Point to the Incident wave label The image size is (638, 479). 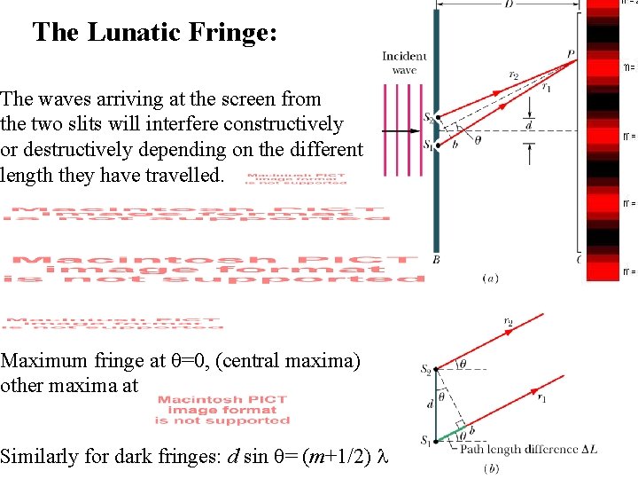pyautogui.click(x=404, y=63)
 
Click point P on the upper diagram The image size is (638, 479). pyautogui.click(x=572, y=55)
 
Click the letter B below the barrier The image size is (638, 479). pyautogui.click(x=436, y=260)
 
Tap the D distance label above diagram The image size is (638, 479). pyautogui.click(x=509, y=5)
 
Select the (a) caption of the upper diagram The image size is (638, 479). pyautogui.click(x=489, y=279)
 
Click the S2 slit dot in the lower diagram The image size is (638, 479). pyautogui.click(x=436, y=369)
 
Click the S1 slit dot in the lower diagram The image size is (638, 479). pyautogui.click(x=436, y=440)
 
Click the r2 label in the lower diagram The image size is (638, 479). pyautogui.click(x=509, y=321)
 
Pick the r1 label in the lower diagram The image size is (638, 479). pyautogui.click(x=542, y=398)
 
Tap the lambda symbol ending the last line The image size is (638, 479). pyautogui.click(x=382, y=458)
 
